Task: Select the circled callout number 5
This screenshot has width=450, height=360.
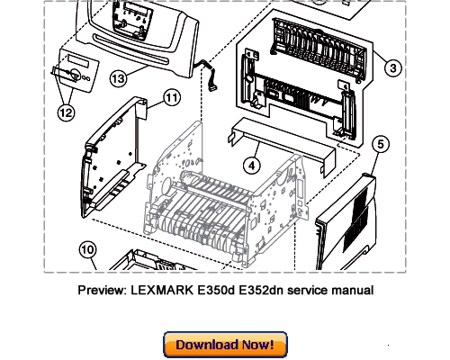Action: (x=381, y=144)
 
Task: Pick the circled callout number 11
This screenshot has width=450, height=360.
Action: (x=172, y=96)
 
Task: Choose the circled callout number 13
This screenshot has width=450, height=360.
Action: (x=118, y=79)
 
